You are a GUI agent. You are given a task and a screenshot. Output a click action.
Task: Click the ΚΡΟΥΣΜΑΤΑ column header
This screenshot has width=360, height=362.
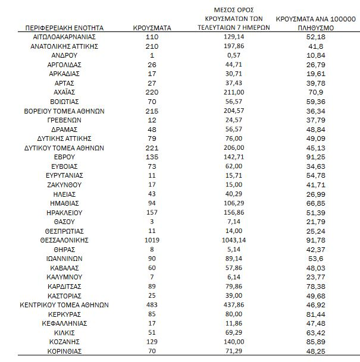pos(152,27)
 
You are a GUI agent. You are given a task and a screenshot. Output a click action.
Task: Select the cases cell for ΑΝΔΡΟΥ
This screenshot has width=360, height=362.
pos(152,55)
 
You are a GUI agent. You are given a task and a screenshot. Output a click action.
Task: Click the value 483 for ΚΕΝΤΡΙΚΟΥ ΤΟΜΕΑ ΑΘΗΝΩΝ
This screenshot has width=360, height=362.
pos(152,305)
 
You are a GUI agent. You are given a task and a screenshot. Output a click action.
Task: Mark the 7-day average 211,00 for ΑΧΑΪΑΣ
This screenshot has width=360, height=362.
pos(233,92)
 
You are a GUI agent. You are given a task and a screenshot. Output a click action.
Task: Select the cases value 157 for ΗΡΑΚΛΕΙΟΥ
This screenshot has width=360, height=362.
pos(152,212)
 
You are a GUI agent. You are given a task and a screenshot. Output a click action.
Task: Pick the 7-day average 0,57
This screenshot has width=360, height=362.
pos(233,55)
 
